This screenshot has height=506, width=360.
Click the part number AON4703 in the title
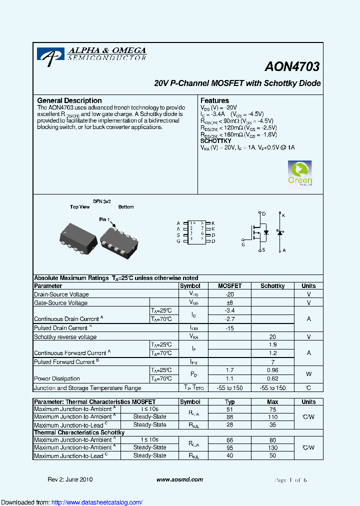(x=292, y=66)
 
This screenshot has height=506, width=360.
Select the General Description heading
(x=69, y=100)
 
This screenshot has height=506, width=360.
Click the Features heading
(x=214, y=100)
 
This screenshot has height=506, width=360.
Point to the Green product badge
(x=300, y=173)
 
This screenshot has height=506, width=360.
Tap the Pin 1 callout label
(x=104, y=219)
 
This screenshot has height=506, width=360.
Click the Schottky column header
(x=272, y=286)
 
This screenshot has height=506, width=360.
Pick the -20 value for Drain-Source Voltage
(x=230, y=294)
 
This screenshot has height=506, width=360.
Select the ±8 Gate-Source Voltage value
(x=230, y=303)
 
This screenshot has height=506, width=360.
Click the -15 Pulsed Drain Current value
(x=230, y=328)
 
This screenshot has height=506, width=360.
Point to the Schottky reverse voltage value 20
(x=272, y=337)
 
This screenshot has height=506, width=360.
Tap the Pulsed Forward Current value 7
(x=272, y=362)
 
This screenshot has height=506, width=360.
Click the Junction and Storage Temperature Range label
(x=87, y=388)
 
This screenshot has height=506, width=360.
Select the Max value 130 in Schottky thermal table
(x=272, y=447)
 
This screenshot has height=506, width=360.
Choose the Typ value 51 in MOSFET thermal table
(x=230, y=409)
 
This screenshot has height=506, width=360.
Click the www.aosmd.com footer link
(x=179, y=479)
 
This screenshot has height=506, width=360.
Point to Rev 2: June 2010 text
(x=70, y=479)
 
